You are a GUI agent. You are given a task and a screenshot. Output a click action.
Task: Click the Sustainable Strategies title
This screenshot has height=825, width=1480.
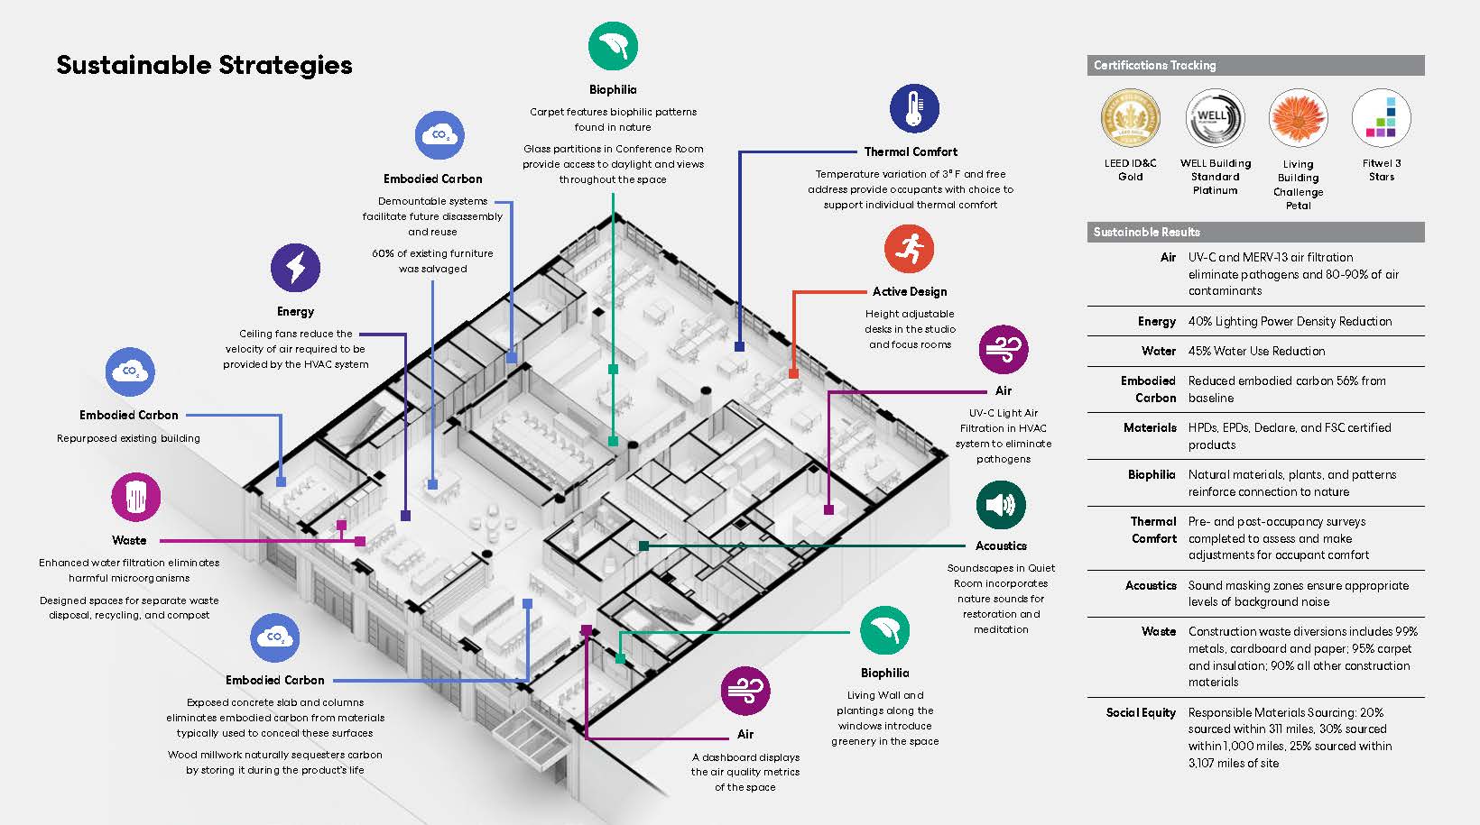pos(204,65)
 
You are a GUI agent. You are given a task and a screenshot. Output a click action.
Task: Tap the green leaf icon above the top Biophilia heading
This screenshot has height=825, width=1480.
pos(613,46)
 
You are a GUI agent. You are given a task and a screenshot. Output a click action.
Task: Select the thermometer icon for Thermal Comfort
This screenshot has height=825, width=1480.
pos(914,108)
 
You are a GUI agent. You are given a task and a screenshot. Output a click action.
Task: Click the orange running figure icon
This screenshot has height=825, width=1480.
pos(909,249)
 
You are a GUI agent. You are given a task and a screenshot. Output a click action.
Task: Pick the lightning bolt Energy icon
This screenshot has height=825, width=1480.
pos(295,268)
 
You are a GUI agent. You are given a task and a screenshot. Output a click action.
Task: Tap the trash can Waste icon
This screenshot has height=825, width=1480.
pos(136,497)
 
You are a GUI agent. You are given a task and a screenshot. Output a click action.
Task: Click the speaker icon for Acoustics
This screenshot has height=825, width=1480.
pos(1001,505)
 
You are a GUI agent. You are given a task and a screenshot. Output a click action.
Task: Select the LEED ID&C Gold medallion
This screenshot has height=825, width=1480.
pos(1131,118)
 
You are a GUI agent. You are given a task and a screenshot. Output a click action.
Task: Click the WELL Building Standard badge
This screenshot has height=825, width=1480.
pos(1215,118)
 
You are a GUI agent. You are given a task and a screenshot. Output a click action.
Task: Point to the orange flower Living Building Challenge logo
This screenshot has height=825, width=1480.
pos(1299,118)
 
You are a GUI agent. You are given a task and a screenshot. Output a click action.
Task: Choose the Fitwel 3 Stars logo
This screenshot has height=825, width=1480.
pos(1382,118)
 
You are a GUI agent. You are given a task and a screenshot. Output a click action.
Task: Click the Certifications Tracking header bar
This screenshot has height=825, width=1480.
pos(1255,65)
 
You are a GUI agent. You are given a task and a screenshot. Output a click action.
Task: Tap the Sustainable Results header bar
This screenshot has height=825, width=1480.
pos(1255,233)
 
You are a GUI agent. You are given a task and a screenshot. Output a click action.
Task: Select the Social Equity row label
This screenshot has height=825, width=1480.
pos(1141,713)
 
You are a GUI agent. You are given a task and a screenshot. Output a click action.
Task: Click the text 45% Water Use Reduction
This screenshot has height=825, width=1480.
pos(1257,351)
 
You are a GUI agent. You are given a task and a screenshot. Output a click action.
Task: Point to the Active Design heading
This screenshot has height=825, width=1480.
pos(910,292)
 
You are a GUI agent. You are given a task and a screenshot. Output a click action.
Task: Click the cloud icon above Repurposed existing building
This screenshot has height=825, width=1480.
pos(130,372)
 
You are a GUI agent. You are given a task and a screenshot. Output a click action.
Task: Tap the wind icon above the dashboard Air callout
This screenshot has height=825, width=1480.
pos(745,691)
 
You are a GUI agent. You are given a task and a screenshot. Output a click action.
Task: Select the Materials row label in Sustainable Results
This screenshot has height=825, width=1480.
pos(1151,427)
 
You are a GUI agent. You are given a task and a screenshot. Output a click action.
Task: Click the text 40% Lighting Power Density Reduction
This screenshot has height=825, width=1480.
pos(1290,321)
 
